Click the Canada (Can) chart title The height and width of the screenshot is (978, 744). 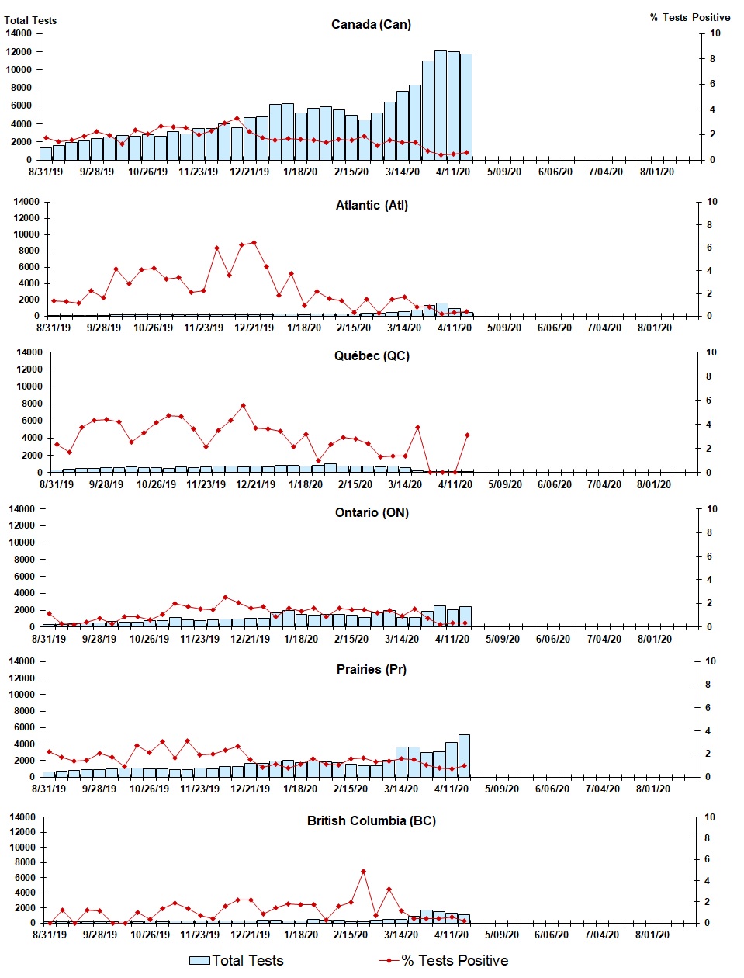371,25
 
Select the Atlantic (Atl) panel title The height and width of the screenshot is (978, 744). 372,206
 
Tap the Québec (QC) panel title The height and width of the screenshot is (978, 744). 372,356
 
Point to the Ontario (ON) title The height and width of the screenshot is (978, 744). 372,513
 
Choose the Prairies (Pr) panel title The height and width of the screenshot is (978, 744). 372,670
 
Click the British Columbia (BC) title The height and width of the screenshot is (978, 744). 372,821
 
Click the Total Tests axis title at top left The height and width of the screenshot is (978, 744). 30,20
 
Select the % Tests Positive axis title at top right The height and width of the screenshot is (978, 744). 690,18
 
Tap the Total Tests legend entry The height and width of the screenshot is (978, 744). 237,961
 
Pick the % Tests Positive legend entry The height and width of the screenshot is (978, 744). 444,961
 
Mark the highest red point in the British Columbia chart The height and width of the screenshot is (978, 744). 363,872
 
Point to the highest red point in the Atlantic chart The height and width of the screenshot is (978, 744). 254,243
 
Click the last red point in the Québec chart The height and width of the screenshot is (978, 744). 467,435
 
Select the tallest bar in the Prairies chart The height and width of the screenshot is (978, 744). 464,755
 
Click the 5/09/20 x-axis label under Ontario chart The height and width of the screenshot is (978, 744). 503,640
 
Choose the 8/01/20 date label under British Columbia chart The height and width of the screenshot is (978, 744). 652,935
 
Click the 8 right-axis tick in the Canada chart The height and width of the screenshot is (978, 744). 712,59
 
